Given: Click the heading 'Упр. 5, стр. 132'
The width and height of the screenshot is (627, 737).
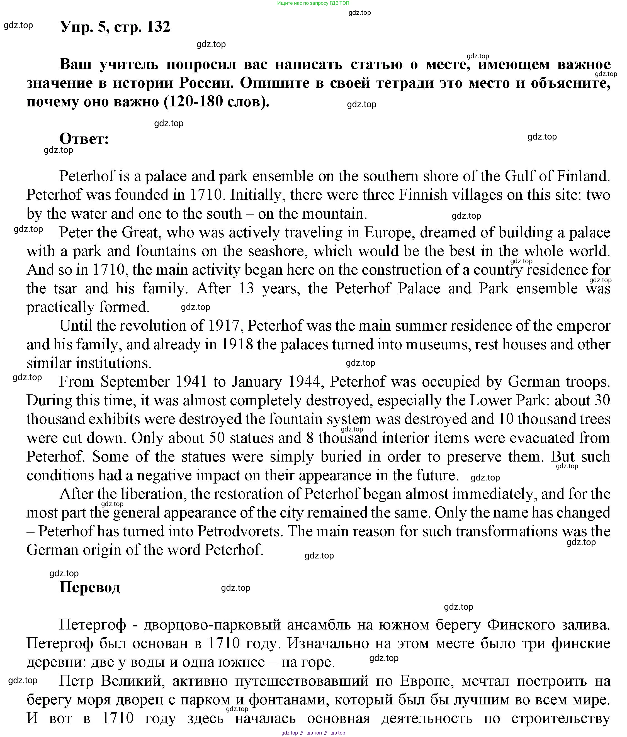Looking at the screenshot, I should tap(115, 27).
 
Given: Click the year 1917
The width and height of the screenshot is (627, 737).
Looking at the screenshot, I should tap(226, 326).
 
